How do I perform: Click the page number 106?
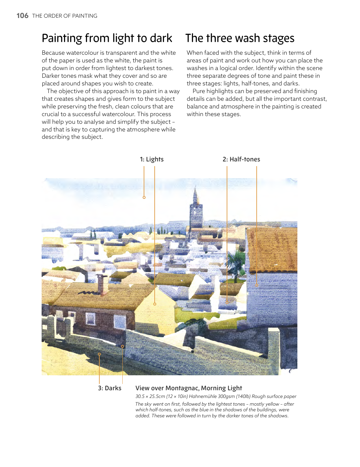pos(22,16)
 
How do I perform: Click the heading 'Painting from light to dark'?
pos(107,38)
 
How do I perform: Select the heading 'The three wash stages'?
pos(240,38)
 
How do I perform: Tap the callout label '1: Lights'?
pos(152,159)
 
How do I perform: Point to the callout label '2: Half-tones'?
pos(241,159)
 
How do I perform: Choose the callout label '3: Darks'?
pos(110,388)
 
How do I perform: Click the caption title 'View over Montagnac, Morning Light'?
pos(189,388)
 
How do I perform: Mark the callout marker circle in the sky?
pos(144,197)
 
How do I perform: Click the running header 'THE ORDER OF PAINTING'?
pos(65,16)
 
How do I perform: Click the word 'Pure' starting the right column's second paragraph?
pos(199,91)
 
